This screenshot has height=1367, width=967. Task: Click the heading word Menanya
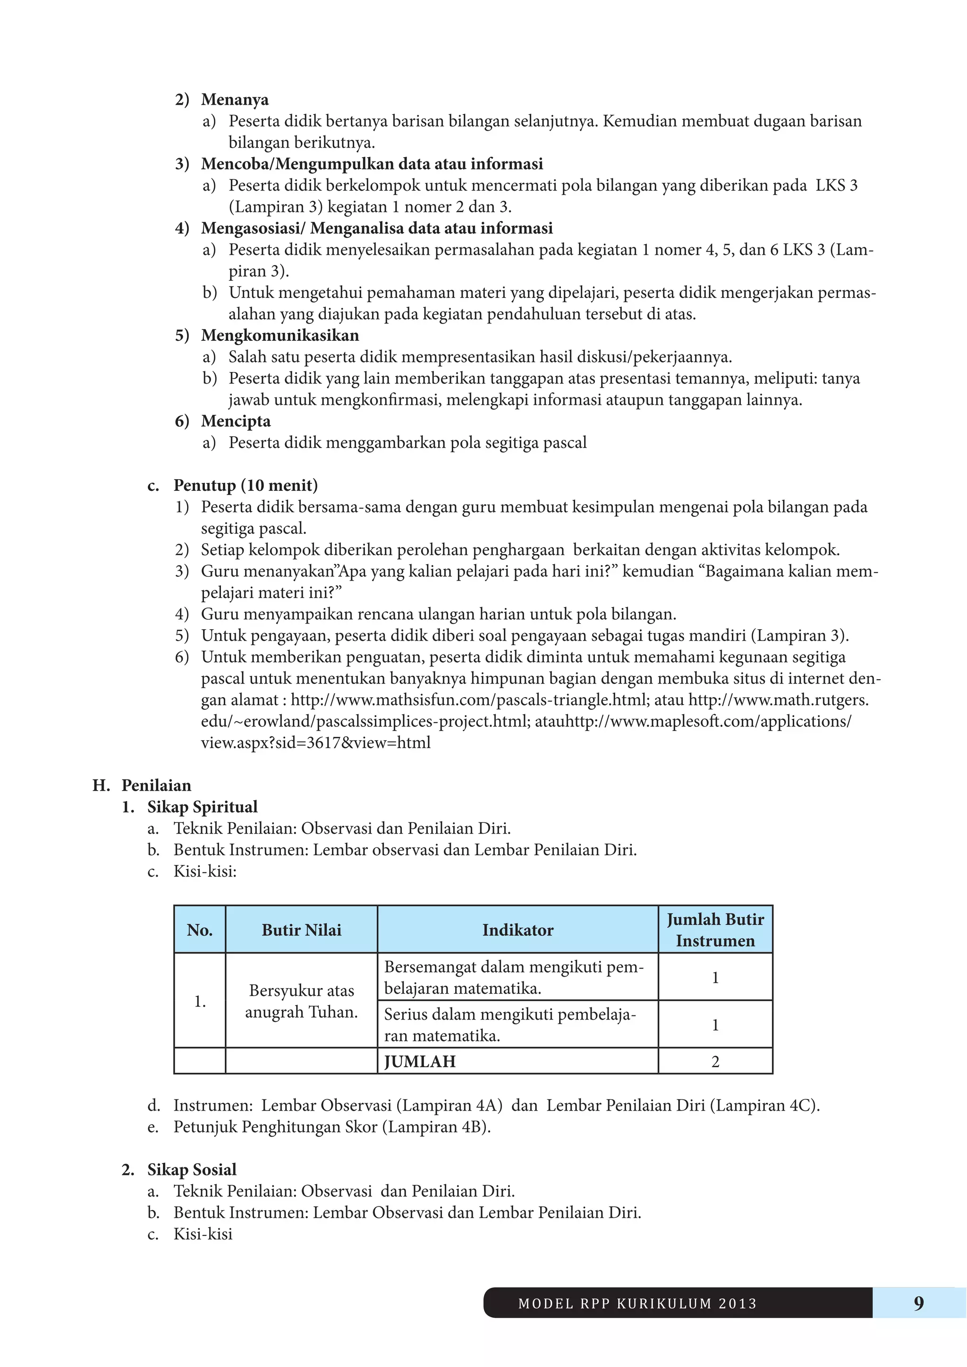point(235,100)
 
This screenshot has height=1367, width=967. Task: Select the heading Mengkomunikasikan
point(280,335)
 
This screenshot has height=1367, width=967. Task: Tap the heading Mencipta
point(236,421)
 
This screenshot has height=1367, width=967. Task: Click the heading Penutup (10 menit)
point(246,485)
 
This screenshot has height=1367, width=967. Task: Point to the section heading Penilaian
point(156,785)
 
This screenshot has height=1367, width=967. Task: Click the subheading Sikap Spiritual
point(203,807)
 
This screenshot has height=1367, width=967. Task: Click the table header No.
point(199,930)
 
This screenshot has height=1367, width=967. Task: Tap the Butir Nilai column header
point(301,930)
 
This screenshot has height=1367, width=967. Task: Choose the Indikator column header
point(517,930)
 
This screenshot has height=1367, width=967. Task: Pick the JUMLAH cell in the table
point(420,1062)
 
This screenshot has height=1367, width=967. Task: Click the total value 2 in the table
point(715,1062)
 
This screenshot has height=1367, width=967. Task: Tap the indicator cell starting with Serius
point(509,1025)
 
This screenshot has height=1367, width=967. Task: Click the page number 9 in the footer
point(918,1303)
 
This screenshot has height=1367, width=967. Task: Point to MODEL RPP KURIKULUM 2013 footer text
point(637,1303)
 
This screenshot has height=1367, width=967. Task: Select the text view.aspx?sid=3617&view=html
point(315,743)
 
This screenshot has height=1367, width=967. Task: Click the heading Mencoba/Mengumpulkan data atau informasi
point(372,164)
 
